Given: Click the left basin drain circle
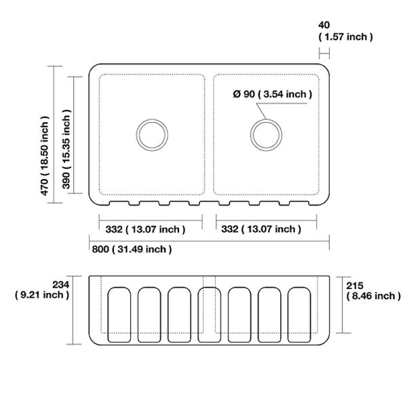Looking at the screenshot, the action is (x=152, y=119).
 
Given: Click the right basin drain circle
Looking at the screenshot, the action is (x=267, y=119).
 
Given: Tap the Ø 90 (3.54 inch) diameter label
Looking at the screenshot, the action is (x=273, y=94).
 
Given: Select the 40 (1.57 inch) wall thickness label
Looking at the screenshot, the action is (x=345, y=31).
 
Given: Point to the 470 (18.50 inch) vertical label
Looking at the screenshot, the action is (x=45, y=155).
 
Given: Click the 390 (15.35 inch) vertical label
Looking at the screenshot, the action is (x=66, y=149).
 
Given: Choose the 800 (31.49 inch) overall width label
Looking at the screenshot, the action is (x=132, y=249).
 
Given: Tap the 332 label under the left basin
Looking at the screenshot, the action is (x=145, y=229).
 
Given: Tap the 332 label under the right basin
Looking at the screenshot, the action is (x=261, y=229).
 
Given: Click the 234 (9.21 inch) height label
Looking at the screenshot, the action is (x=42, y=290).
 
